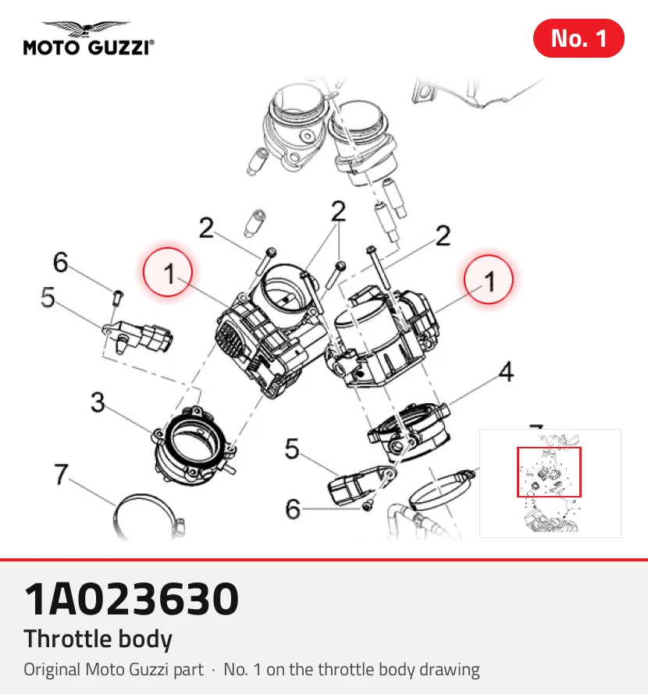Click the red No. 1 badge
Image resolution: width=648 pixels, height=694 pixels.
point(579,38)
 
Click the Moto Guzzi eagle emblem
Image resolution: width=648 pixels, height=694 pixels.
point(86,29)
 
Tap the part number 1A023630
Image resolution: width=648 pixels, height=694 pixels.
point(131,599)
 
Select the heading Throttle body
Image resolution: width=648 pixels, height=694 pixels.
point(98,639)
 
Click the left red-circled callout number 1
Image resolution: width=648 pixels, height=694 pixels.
point(168,273)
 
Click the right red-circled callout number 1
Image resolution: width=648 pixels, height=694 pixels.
point(489,280)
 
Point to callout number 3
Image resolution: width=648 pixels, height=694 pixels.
point(98,402)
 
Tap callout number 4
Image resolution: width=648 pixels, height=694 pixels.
point(506,371)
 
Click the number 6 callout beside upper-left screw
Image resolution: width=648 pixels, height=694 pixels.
point(61,261)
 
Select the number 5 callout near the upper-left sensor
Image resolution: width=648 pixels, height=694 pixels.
point(48,296)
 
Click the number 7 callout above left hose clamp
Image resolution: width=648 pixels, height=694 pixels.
point(61,474)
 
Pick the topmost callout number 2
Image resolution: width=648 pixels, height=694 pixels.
point(338,211)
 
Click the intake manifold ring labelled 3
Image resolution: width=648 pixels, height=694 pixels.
point(194,446)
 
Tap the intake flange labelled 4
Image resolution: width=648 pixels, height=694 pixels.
point(410,431)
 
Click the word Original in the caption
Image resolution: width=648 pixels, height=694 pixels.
point(52,670)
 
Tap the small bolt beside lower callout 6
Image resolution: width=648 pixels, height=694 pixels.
point(368,506)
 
